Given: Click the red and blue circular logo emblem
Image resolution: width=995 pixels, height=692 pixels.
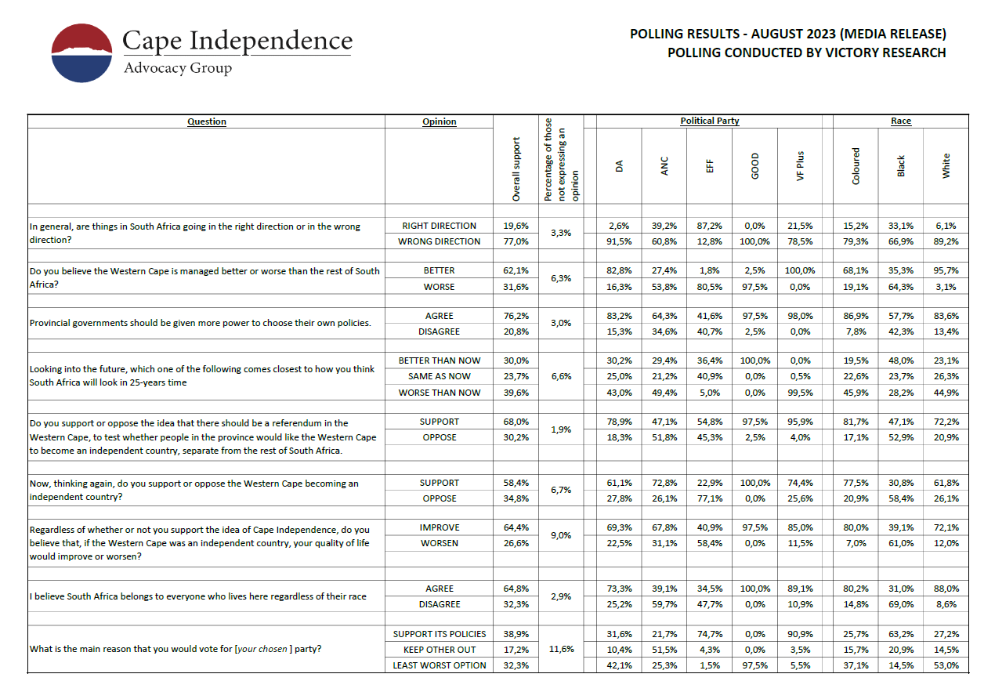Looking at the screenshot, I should point(82,53).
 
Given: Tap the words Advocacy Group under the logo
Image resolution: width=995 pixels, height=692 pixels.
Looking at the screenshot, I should point(178,68).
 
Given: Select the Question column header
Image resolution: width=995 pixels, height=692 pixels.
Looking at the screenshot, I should point(207,121).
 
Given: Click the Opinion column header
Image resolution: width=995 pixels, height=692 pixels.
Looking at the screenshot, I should point(439,121).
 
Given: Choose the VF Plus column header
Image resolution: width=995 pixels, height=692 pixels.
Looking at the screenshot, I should point(800,165).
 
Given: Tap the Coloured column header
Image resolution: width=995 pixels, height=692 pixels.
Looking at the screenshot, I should point(856,165).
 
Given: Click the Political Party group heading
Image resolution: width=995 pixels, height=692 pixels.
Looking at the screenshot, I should point(709,121).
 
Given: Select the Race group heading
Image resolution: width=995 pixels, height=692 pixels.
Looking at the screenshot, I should point(901,121).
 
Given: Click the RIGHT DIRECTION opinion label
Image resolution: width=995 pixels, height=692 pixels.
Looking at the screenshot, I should point(439,226).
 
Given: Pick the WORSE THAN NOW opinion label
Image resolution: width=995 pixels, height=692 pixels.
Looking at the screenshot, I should point(439,393).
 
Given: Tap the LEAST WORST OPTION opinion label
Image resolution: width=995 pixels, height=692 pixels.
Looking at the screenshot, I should point(439,665).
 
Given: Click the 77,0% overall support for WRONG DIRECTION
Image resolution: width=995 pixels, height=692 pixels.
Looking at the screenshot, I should point(516,241).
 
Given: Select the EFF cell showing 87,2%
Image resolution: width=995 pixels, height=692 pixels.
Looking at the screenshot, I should point(709,226).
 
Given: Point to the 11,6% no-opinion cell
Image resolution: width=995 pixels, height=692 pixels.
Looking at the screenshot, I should point(561,650).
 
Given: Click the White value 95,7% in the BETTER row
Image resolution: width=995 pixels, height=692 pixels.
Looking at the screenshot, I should point(946,270).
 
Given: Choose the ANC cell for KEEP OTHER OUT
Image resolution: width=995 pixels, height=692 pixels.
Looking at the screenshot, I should point(664,650).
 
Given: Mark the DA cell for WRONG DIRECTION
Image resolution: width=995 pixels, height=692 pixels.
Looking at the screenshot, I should point(619,241).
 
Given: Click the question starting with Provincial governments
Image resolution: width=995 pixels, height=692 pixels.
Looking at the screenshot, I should point(200,323).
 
